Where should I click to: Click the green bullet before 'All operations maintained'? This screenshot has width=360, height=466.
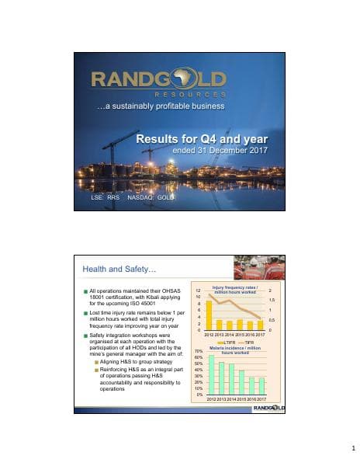[x=86, y=292]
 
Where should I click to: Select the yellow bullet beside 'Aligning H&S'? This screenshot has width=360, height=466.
[x=96, y=361]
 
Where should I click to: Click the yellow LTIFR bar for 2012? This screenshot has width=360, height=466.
[x=209, y=316]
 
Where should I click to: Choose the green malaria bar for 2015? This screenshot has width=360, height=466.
[x=241, y=382]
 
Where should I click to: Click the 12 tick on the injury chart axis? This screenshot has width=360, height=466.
[x=199, y=290]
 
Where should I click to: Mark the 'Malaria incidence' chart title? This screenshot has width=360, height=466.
[x=236, y=348]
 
